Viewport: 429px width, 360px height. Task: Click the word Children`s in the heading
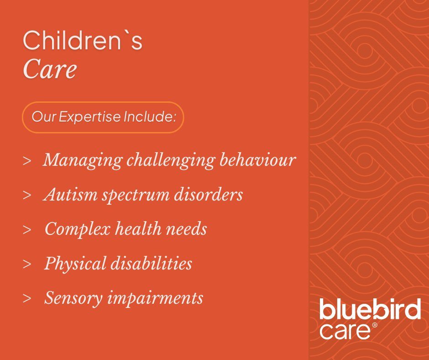click(x=82, y=40)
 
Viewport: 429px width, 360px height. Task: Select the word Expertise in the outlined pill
click(x=89, y=116)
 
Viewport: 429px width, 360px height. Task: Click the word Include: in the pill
click(x=149, y=116)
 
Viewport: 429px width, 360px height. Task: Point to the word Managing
click(x=82, y=160)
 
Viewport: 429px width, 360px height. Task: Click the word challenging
click(x=170, y=160)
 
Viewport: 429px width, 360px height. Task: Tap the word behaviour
click(x=257, y=159)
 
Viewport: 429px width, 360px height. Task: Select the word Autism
click(x=71, y=195)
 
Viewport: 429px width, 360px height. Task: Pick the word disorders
click(x=209, y=194)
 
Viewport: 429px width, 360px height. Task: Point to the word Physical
click(x=75, y=264)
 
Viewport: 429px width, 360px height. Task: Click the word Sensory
click(x=73, y=298)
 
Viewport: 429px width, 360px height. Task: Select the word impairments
click(x=155, y=298)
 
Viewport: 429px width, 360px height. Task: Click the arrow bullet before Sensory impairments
click(x=27, y=299)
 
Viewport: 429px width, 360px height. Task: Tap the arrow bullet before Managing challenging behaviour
click(x=27, y=161)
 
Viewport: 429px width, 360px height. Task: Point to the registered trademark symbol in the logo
click(x=375, y=325)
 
